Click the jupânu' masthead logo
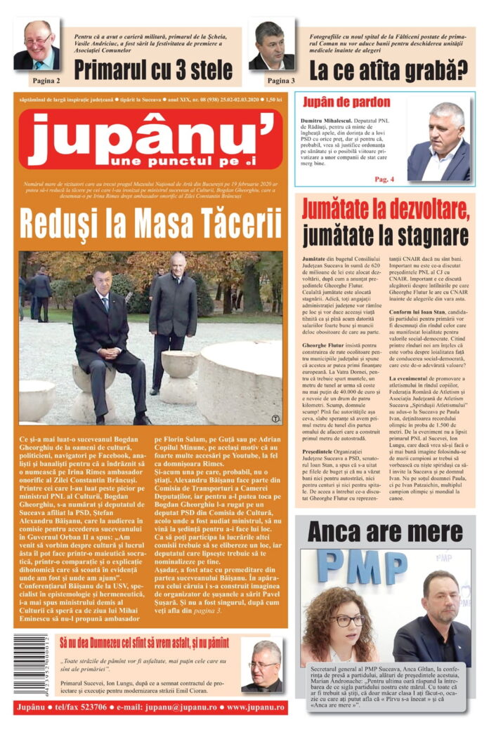click(x=150, y=138)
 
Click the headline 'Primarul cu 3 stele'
click(x=153, y=69)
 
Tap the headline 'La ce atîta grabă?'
click(x=389, y=70)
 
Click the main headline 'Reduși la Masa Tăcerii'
click(x=150, y=224)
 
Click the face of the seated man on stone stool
click(x=103, y=279)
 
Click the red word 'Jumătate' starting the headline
click(x=337, y=209)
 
